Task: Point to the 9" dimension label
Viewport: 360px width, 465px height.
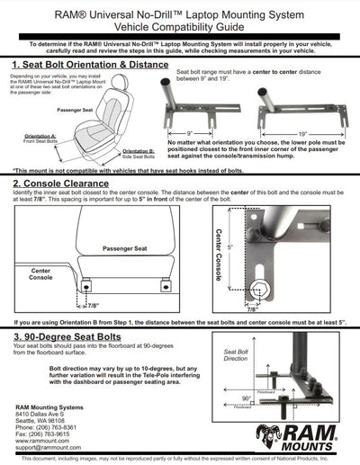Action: (213, 133)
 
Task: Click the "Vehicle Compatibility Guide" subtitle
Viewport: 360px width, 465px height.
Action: (180, 27)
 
